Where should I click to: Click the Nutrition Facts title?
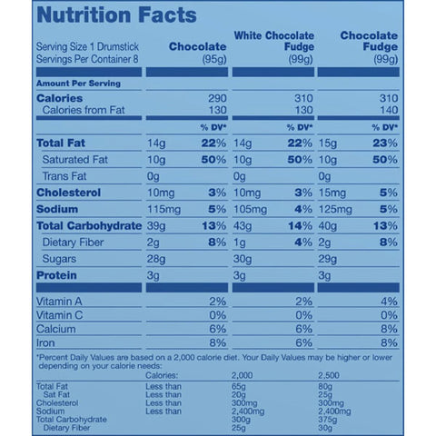pyautogui.click(x=115, y=15)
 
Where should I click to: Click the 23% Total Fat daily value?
pyautogui.click(x=386, y=144)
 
